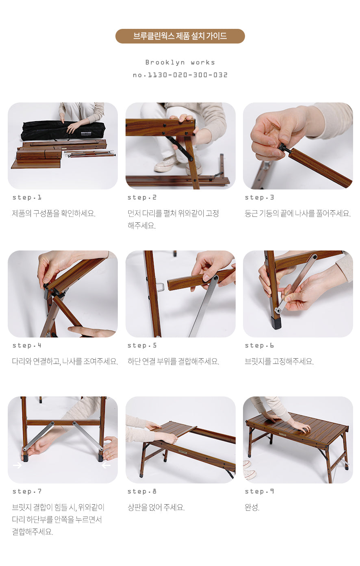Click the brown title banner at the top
click(180, 36)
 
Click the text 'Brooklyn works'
click(180, 62)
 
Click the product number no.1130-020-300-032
click(180, 75)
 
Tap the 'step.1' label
click(27, 198)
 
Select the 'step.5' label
click(142, 346)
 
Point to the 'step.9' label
click(259, 492)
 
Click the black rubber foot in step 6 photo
click(277, 323)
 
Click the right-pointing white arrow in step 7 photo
click(17, 465)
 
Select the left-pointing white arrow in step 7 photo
click(106, 465)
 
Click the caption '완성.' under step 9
click(252, 507)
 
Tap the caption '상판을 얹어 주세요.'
click(156, 507)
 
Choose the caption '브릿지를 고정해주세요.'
click(279, 361)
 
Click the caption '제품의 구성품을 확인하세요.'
click(54, 213)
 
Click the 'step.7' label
click(27, 492)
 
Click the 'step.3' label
click(259, 198)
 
